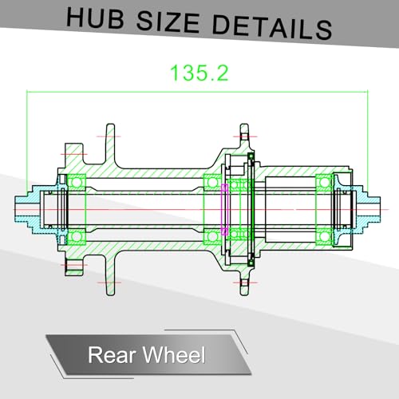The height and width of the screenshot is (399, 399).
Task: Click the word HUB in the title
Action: coord(95,18)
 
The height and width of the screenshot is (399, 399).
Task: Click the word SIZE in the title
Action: coord(168,22)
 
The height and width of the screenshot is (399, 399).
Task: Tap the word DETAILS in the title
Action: coord(272,28)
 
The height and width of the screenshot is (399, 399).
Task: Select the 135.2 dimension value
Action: coord(199,73)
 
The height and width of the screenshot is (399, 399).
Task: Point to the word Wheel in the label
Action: coord(174,354)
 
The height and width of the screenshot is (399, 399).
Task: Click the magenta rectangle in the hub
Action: coord(225,210)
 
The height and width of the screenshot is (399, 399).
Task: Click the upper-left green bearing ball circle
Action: coord(77,183)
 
